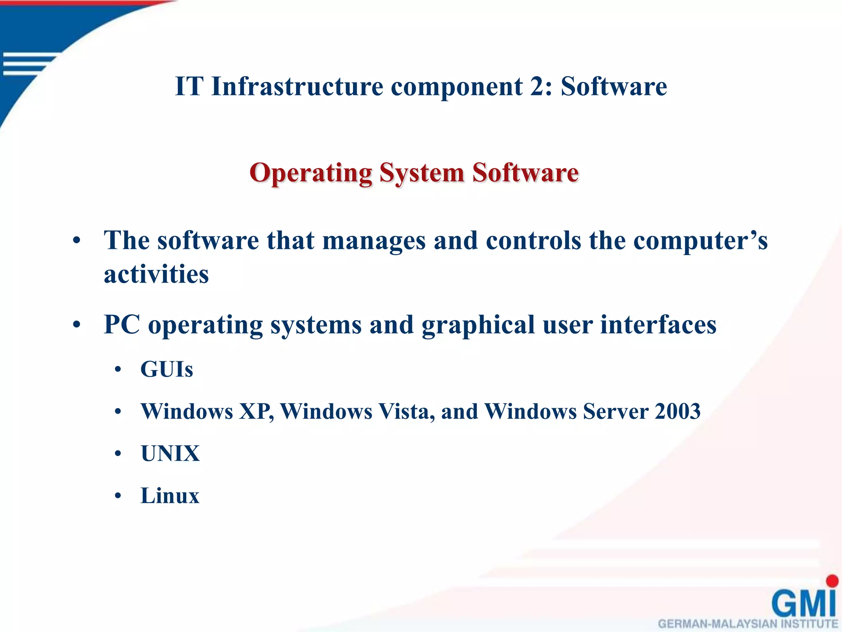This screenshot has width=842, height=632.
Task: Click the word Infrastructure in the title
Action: click(x=297, y=86)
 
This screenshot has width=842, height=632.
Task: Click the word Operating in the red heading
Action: click(x=311, y=173)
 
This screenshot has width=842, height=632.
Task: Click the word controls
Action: click(x=533, y=241)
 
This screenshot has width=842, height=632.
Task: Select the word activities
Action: click(x=156, y=274)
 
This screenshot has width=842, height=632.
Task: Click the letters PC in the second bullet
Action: click(x=122, y=325)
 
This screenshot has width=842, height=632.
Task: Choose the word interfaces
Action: click(x=658, y=325)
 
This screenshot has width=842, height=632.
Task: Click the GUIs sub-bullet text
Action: click(x=167, y=369)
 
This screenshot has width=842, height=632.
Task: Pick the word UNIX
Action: click(x=170, y=453)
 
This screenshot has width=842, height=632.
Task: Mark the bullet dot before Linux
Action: click(x=118, y=496)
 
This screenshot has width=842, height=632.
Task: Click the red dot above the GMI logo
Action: click(x=832, y=581)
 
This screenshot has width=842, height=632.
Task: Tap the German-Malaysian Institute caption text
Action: click(x=748, y=624)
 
